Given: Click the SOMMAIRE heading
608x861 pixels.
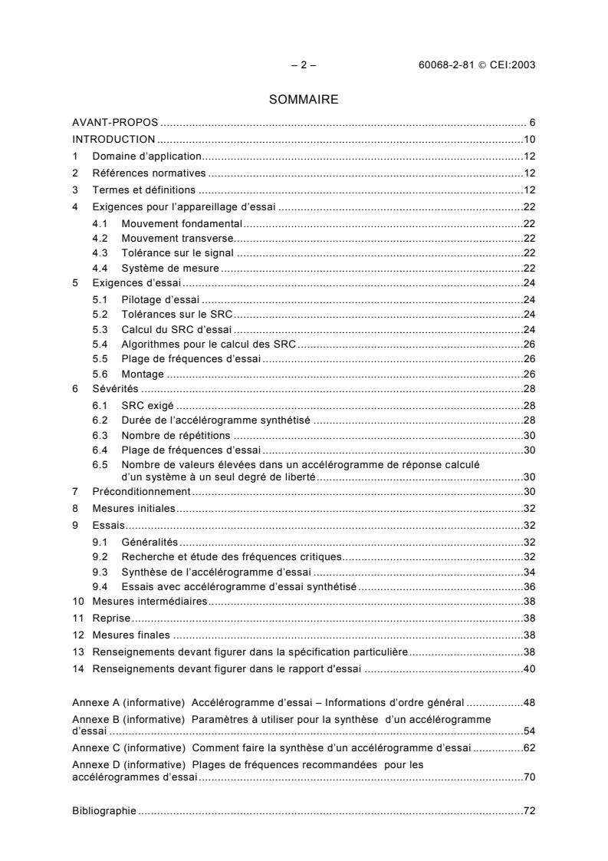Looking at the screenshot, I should [x=304, y=100].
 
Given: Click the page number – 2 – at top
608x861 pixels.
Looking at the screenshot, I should [x=304, y=64].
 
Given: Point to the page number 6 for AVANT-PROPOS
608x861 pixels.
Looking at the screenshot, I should [x=531, y=123].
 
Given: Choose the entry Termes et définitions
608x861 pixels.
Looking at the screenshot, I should [x=144, y=190].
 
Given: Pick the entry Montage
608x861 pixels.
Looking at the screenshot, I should [x=143, y=374].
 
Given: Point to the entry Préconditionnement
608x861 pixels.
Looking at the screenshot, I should [x=141, y=491].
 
